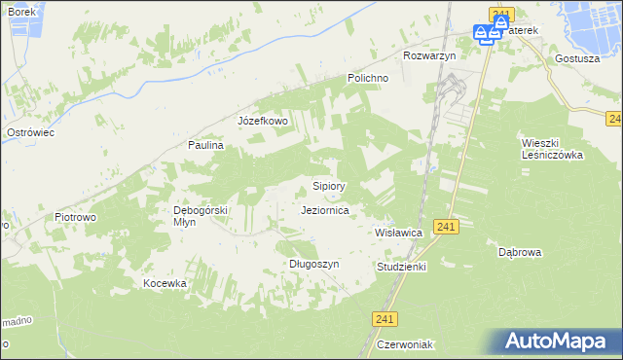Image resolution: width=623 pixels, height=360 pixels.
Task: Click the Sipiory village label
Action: tap(328, 185)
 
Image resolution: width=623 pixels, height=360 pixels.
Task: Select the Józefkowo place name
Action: tap(263, 121)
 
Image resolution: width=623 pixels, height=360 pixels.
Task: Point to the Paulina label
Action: tap(206, 145)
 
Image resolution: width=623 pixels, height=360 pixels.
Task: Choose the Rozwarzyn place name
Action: tap(429, 55)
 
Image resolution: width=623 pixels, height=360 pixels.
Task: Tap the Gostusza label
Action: tap(576, 57)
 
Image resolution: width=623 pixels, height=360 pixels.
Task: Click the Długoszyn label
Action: tap(313, 264)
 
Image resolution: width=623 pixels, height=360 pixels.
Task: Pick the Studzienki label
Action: tap(401, 266)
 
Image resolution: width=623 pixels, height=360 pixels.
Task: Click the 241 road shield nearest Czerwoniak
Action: tap(385, 319)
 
